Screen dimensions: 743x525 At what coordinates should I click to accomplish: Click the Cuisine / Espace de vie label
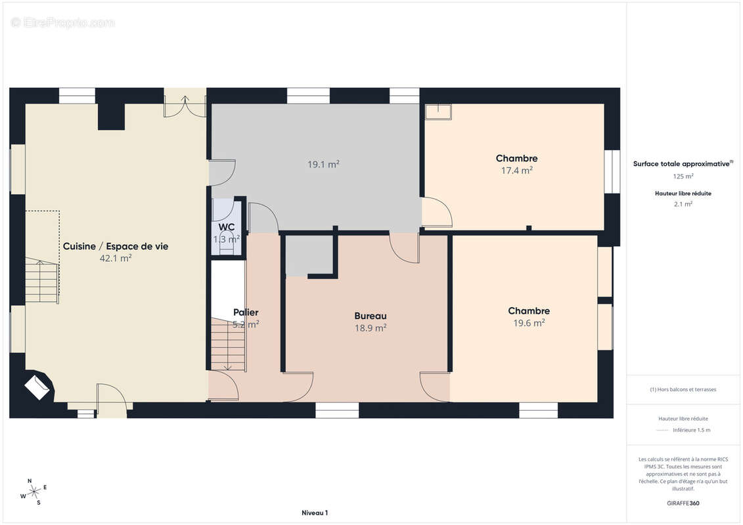pos(116,246)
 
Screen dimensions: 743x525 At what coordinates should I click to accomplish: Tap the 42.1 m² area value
pos(116,259)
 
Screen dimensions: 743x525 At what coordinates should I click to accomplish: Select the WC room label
pos(227,227)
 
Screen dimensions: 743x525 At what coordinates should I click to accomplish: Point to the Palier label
pos(246,312)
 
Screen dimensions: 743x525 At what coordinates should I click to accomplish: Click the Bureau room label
pos(371,316)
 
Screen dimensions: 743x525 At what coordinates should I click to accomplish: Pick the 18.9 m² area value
pos(371,328)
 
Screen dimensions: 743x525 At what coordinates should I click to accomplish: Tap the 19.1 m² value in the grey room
pos(323,164)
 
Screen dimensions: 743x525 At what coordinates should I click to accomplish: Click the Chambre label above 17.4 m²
pos(516,158)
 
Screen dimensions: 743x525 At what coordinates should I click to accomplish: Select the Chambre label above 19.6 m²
pos(529,310)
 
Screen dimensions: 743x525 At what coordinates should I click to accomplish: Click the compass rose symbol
pos(34,492)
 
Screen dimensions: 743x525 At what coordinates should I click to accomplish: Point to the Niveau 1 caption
pos(315,513)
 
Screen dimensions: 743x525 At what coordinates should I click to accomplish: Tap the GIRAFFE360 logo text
pos(683,503)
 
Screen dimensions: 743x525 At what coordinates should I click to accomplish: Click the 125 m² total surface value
pos(683,176)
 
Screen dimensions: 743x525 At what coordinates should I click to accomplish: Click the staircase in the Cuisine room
pos(42,281)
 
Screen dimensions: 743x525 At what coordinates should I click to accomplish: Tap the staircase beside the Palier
pos(228,344)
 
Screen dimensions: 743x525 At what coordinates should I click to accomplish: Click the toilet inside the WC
pos(227,242)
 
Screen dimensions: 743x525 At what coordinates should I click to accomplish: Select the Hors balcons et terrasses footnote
pos(683,390)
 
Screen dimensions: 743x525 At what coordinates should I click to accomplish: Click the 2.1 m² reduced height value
pos(683,204)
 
